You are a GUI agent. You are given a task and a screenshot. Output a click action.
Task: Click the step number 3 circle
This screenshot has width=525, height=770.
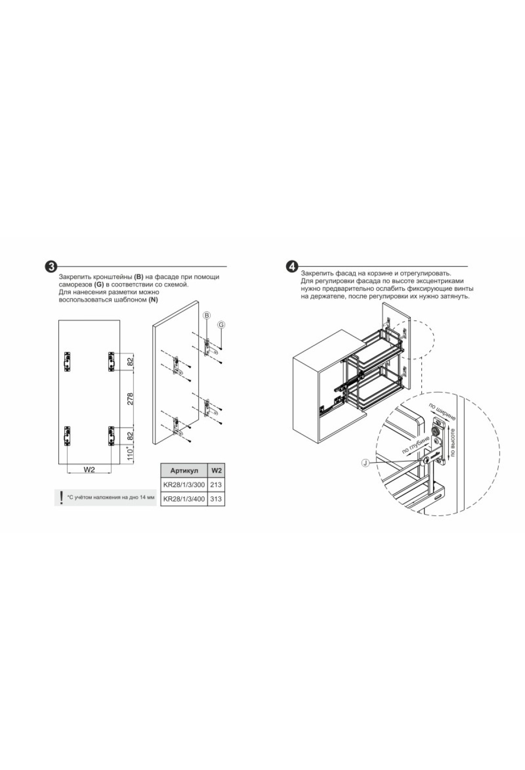point(52,266)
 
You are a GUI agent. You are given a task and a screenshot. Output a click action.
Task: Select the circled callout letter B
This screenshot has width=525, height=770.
point(207,315)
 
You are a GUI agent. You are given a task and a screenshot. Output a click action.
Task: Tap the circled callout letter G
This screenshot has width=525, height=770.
point(221,325)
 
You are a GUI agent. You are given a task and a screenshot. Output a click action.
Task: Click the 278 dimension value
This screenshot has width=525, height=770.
point(130,399)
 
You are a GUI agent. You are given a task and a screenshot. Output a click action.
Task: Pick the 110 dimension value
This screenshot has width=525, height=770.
point(130,453)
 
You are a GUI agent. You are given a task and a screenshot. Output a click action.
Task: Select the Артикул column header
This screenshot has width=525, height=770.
point(184,471)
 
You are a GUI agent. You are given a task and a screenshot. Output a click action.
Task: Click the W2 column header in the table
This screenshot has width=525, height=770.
point(216,471)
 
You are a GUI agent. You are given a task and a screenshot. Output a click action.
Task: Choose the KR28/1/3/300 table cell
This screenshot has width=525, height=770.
point(184,485)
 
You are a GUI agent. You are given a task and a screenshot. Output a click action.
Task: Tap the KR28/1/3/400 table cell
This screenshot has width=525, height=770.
point(184,499)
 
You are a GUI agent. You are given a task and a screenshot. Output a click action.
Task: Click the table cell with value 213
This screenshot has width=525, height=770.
point(216,485)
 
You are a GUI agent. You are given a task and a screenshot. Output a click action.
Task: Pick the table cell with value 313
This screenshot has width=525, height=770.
point(216,499)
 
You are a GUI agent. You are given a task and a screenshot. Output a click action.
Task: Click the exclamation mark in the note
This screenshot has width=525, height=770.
point(61,497)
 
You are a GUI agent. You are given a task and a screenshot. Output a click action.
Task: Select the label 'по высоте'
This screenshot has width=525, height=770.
point(452,442)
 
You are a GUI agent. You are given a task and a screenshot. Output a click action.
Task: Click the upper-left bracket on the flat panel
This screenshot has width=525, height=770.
point(67,362)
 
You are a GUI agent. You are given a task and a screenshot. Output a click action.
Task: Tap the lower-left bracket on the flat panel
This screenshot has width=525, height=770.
point(67,436)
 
